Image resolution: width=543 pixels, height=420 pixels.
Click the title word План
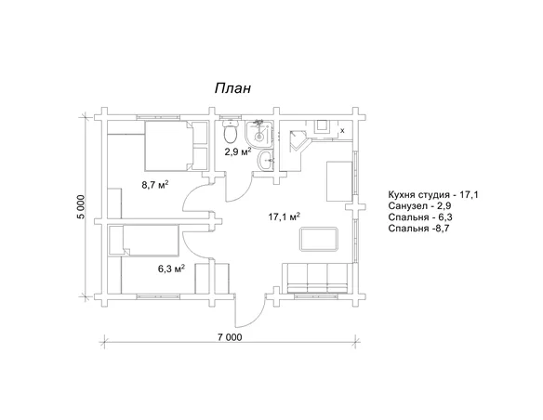[x=232, y=88]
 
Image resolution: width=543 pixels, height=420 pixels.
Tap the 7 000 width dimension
[x=230, y=337]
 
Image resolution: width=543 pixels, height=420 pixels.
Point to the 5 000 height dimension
[x=80, y=207]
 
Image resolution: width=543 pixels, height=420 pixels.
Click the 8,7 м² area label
[x=154, y=184]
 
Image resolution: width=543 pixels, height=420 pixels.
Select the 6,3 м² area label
[x=171, y=269]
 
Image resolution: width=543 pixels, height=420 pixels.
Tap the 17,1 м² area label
[x=284, y=217]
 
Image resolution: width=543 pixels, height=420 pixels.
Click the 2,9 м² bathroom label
[x=238, y=151]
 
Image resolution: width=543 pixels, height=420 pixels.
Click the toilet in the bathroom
[x=231, y=132]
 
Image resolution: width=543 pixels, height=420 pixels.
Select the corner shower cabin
[x=258, y=134]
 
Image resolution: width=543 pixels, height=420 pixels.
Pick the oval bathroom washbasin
[x=265, y=161]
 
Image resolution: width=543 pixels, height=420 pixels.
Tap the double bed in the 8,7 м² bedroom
[x=168, y=146]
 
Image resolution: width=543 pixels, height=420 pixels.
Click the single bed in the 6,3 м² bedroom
[x=144, y=240]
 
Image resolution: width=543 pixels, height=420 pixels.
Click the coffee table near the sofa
[x=319, y=239]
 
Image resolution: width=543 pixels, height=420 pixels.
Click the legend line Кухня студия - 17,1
[x=433, y=195]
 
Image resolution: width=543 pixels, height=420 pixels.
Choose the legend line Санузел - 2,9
[x=419, y=206]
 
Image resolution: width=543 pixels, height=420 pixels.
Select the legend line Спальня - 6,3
[x=420, y=217]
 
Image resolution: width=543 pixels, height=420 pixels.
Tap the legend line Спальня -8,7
[x=418, y=229]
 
